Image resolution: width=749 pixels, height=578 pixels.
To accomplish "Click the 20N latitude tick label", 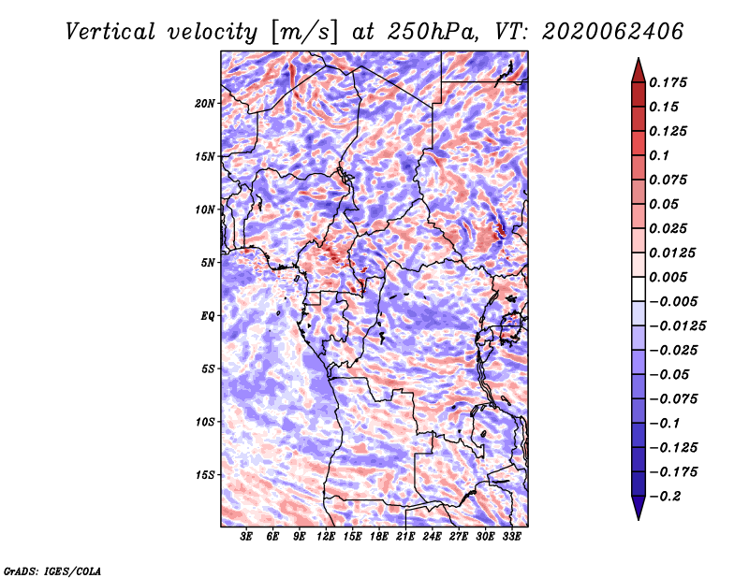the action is [x=205, y=103].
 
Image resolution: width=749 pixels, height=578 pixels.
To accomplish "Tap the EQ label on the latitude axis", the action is [x=208, y=316].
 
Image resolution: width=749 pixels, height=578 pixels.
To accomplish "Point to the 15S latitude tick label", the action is [x=205, y=475].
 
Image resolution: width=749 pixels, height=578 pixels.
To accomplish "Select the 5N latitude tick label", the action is [x=208, y=263].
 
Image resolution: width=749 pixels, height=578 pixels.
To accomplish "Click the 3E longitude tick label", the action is [x=246, y=536].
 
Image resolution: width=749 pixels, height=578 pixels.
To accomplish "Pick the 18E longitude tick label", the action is [x=379, y=536].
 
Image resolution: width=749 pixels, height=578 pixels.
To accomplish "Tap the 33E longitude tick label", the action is [x=511, y=536].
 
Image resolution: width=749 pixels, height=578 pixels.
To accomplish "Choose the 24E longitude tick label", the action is [x=432, y=536].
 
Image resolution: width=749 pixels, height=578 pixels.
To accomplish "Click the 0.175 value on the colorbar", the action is [x=668, y=82].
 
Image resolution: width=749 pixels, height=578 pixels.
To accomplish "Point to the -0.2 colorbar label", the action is [x=665, y=496].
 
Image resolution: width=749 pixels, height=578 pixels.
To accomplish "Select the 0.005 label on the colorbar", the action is [x=668, y=277].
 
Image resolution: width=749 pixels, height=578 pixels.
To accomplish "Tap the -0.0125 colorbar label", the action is [x=677, y=325].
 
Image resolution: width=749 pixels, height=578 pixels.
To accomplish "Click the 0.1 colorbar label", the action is [x=659, y=155].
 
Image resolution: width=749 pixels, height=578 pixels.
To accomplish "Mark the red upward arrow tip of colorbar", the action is [x=639, y=58].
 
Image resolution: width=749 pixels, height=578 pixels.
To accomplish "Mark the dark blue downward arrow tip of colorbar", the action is [x=639, y=519].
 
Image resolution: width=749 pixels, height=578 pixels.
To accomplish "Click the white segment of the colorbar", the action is [x=639, y=289].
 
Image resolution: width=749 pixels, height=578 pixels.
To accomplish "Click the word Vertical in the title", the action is [x=110, y=32].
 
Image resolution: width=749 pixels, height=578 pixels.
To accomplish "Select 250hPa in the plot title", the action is [x=433, y=32].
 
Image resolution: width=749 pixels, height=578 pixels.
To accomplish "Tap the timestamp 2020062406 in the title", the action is [x=613, y=32].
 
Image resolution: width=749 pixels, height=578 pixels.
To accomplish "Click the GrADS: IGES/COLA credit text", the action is [x=52, y=571].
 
